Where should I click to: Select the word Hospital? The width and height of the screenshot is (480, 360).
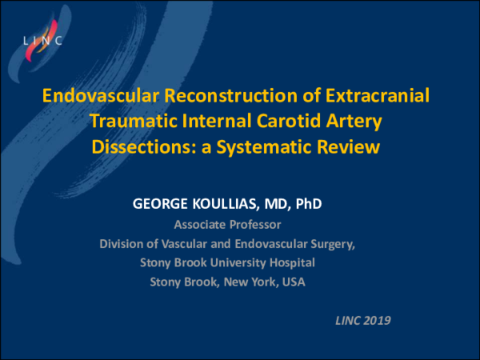(293, 262)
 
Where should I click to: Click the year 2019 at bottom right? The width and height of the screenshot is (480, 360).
(377, 321)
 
